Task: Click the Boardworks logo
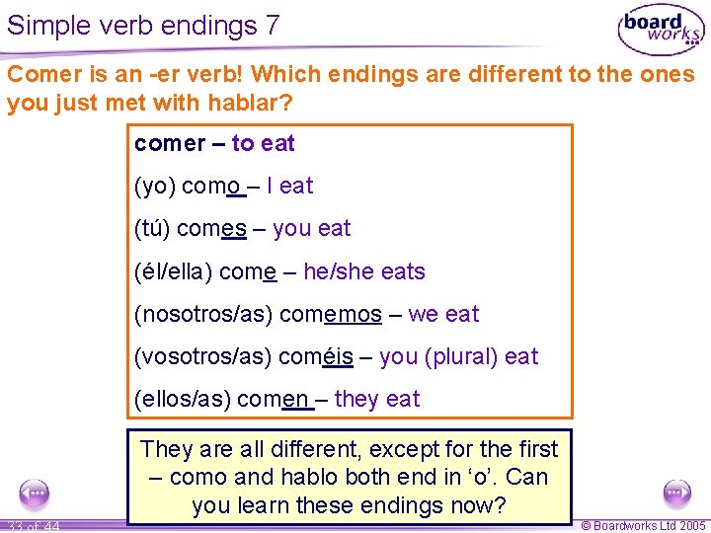(x=660, y=31)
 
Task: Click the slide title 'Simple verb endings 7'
(x=143, y=25)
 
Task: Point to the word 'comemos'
(x=331, y=314)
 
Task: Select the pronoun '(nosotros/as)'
(x=203, y=314)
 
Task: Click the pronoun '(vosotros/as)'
(x=203, y=356)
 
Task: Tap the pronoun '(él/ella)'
(x=173, y=271)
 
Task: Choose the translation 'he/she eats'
(x=364, y=271)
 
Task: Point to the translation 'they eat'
(x=377, y=399)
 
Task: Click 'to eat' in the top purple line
(x=264, y=143)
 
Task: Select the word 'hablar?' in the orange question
(x=251, y=104)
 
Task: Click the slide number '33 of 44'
(x=32, y=526)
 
